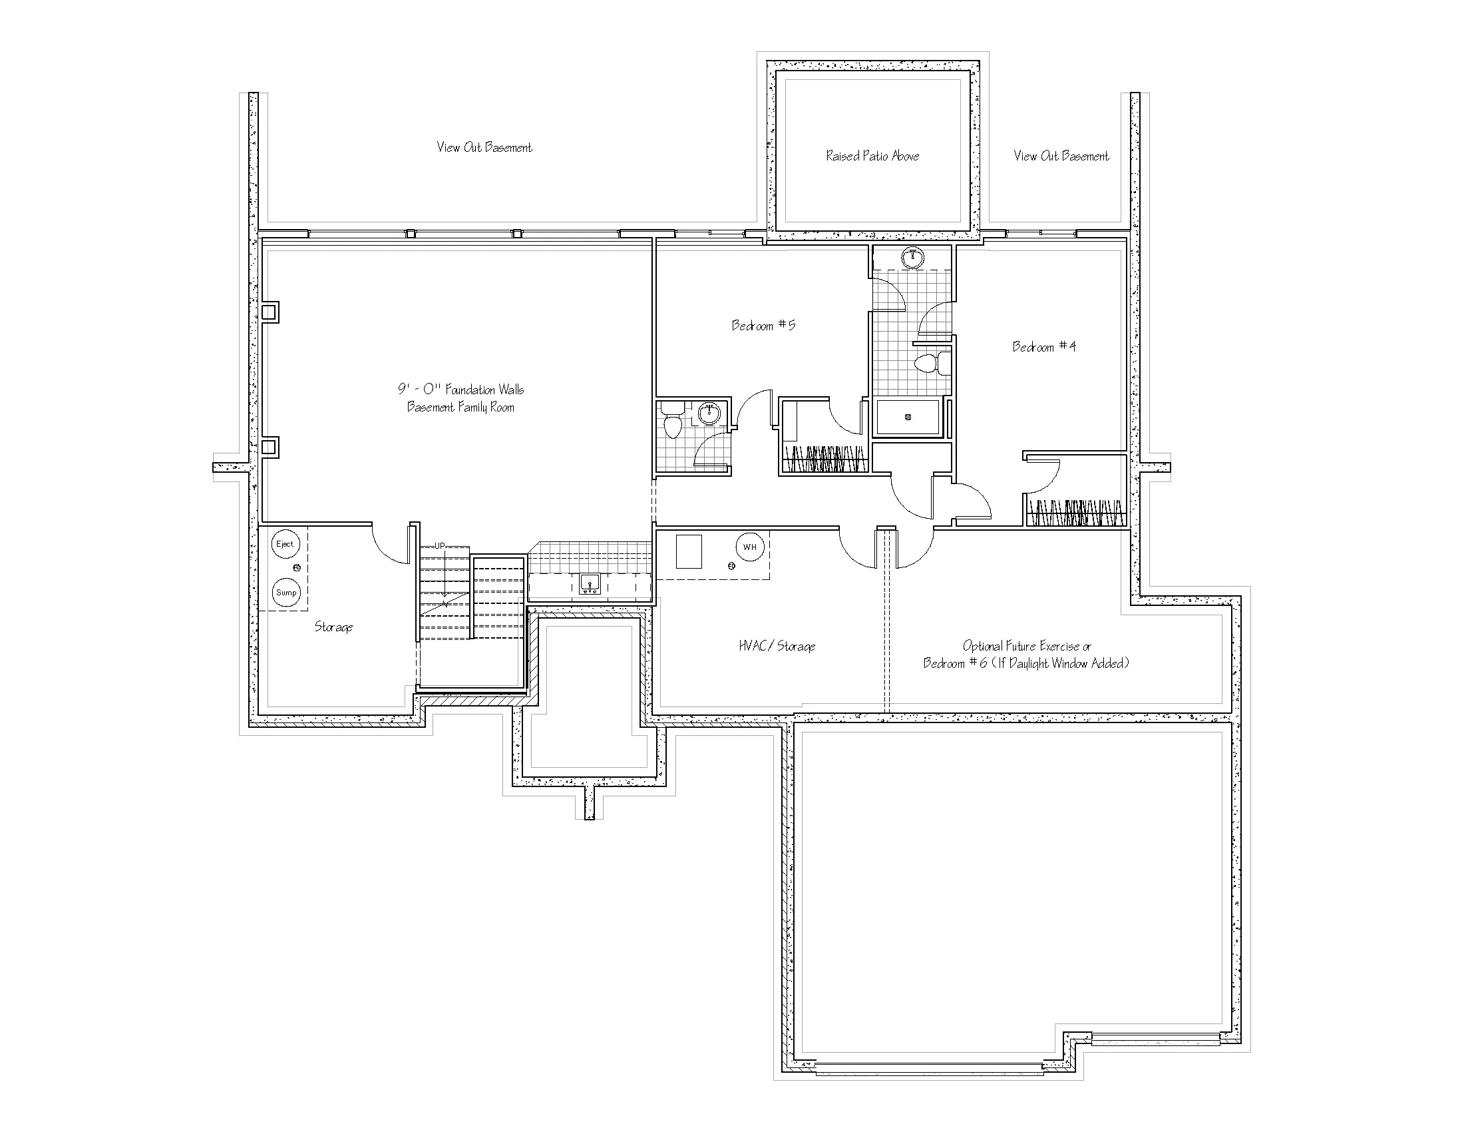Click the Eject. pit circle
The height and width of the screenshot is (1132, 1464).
click(285, 544)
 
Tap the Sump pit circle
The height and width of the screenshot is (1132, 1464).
click(286, 592)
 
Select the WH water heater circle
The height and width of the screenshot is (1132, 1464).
click(749, 547)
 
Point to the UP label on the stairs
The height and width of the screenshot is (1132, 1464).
click(439, 546)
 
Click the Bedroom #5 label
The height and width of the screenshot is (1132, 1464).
click(763, 325)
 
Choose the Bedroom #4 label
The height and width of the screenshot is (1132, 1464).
click(1043, 346)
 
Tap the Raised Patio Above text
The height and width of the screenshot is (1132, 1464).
click(872, 156)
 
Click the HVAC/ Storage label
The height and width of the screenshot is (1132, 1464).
click(777, 646)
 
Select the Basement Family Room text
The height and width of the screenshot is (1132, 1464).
click(460, 407)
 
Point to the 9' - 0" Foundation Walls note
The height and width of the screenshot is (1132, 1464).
click(460, 389)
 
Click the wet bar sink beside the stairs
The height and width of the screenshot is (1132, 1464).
click(590, 584)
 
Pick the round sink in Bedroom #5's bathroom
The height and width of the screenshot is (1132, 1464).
click(709, 413)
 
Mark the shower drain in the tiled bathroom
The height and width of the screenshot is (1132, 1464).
click(908, 417)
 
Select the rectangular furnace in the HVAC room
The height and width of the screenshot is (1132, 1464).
click(689, 551)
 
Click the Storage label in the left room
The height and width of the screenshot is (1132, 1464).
click(334, 627)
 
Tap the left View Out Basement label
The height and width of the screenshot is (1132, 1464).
click(484, 147)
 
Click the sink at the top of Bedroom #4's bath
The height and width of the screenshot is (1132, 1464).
click(912, 257)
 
